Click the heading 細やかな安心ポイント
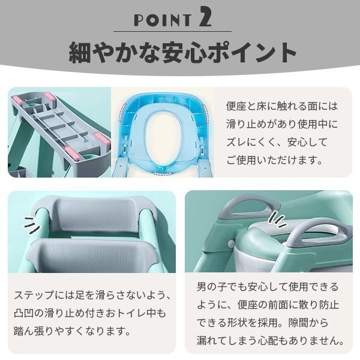pos(179,53)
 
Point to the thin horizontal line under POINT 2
pos(180,31)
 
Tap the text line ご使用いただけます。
pos(274,160)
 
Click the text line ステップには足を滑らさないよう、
pos(92,296)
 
